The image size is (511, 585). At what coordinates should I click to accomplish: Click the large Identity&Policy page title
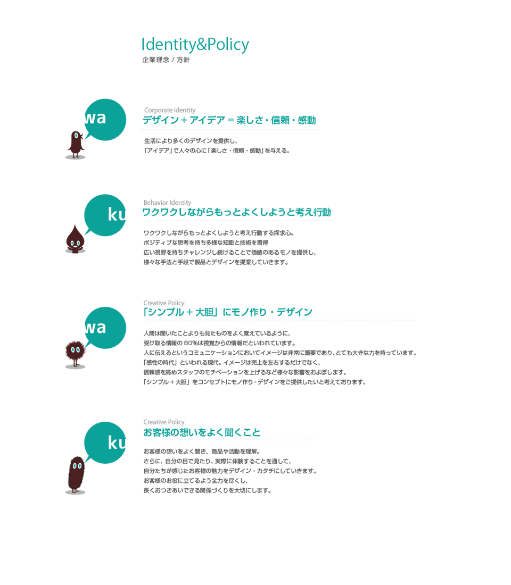click(195, 44)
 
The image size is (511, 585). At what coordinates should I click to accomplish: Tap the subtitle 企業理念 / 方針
click(166, 60)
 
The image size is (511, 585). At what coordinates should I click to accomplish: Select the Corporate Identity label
click(170, 110)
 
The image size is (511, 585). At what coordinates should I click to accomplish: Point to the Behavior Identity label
click(167, 203)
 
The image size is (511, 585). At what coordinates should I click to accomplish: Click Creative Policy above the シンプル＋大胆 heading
click(164, 303)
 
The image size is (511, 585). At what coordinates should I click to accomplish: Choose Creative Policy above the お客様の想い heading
click(164, 422)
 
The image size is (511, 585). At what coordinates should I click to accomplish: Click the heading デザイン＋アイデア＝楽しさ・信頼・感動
click(229, 120)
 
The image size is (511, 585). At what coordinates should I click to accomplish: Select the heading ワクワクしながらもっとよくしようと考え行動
click(236, 212)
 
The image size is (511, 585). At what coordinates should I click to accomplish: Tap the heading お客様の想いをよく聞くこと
click(202, 432)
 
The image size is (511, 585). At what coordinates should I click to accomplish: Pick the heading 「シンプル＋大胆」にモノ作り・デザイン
click(228, 312)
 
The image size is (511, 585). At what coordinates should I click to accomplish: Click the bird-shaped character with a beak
click(76, 144)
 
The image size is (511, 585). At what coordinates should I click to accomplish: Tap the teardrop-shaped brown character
click(76, 239)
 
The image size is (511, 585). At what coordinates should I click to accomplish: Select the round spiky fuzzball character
click(75, 353)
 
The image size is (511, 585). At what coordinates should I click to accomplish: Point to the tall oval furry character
click(76, 474)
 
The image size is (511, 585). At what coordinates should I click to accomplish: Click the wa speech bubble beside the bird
click(105, 120)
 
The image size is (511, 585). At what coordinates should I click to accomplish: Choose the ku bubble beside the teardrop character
click(105, 215)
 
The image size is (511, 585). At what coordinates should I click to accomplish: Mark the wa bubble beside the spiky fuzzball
click(105, 328)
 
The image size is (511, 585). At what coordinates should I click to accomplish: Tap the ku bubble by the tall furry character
click(105, 443)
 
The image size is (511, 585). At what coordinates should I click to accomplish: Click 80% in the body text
click(191, 343)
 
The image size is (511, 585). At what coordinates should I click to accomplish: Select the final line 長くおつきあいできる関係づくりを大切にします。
click(208, 491)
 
